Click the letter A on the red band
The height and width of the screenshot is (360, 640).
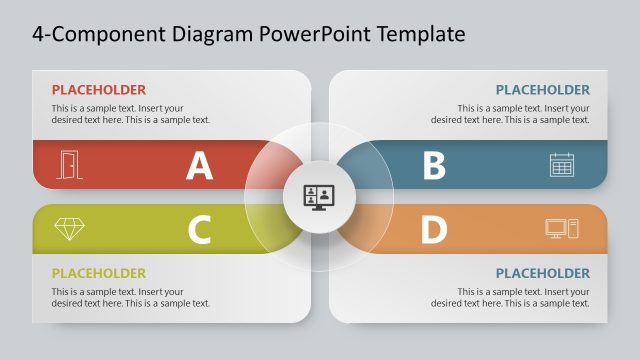(x=200, y=165)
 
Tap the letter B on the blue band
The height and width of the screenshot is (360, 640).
(x=433, y=165)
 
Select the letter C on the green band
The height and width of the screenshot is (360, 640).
(x=200, y=230)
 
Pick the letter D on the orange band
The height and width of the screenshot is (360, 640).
(x=433, y=230)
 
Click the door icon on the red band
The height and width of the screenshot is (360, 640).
(x=69, y=165)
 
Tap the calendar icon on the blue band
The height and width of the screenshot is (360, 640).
(x=562, y=165)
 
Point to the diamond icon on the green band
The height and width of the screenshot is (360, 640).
(x=69, y=228)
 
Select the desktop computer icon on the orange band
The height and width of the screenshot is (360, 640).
(x=562, y=228)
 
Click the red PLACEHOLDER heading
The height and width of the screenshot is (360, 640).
(x=98, y=90)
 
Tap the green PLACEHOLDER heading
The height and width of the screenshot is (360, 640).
(x=98, y=273)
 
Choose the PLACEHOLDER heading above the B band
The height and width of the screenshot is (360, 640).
(x=542, y=90)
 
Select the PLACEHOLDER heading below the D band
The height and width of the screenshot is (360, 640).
(x=542, y=273)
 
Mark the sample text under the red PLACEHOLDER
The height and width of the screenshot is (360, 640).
(x=130, y=114)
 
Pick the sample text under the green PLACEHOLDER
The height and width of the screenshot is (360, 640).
(x=130, y=297)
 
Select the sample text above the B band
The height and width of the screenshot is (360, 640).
(x=510, y=114)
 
